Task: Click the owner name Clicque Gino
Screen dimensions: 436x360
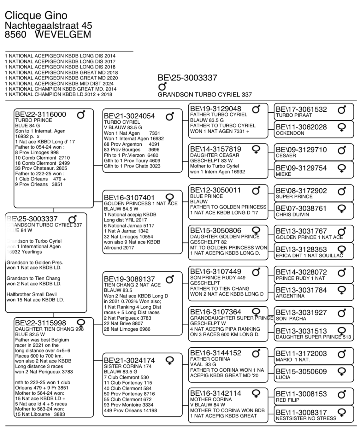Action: pos(36,15)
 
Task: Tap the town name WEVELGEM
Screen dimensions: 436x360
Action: pos(63,34)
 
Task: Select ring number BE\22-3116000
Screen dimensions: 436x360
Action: pos(41,115)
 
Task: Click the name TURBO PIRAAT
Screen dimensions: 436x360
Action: pos(294,115)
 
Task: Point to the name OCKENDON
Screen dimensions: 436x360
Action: pos(290,133)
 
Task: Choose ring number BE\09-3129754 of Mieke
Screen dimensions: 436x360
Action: pos(301,168)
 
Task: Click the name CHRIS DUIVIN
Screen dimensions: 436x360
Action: pos(292,215)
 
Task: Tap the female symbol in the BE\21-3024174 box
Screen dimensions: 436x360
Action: pos(170,361)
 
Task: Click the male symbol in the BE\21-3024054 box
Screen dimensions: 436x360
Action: pos(170,116)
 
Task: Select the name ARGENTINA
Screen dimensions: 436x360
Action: pos(290,296)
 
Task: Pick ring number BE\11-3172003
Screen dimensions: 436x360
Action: pos(301,354)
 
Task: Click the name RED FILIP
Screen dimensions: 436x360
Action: pos(287,400)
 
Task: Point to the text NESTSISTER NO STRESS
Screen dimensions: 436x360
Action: pos(306,418)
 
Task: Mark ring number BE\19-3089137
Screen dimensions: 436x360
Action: pos(129,279)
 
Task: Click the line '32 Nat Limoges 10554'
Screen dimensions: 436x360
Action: pos(128,237)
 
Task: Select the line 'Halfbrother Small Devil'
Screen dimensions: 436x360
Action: pos(32,294)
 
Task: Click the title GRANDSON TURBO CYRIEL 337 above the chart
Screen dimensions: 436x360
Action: pos(204,94)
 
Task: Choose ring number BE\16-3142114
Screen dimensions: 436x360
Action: pos(215,393)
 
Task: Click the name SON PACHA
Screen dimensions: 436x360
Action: pos(291,319)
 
